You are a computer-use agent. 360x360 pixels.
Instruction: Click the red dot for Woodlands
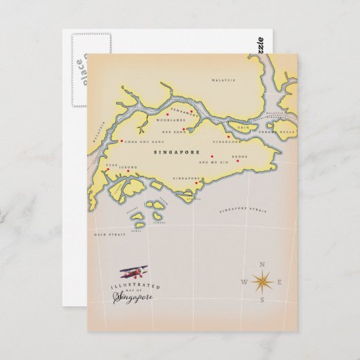click(x=192, y=112)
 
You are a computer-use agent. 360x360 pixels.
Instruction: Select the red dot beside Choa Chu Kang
click(x=121, y=141)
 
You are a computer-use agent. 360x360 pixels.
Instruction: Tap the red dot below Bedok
click(x=238, y=162)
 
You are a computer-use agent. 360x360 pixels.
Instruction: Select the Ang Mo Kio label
click(x=209, y=164)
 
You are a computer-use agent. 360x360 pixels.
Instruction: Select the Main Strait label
click(x=105, y=234)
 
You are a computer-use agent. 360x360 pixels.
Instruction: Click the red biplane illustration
click(x=133, y=273)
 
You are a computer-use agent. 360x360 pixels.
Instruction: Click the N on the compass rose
click(x=262, y=263)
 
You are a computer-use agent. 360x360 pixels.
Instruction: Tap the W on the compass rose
click(x=244, y=281)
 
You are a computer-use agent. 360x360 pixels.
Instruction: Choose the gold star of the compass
click(x=262, y=281)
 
